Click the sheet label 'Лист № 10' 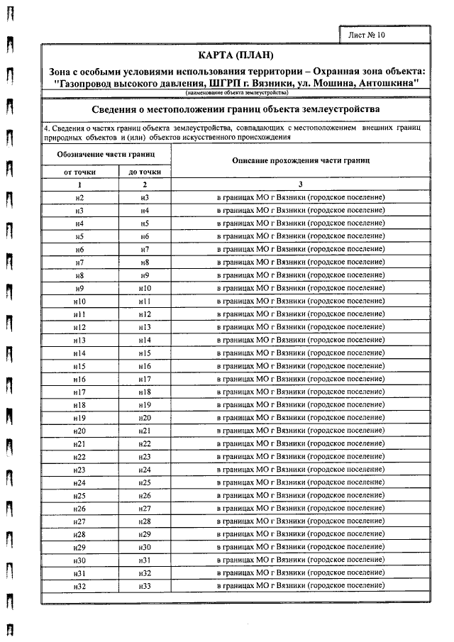368,34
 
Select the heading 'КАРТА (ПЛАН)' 236,56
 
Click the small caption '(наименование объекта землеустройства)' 236,93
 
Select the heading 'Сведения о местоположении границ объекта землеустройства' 236,109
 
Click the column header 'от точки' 79,172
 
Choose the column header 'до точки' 144,172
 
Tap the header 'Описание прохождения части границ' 301,160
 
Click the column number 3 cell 301,184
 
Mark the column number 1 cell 79,184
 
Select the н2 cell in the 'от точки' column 79,197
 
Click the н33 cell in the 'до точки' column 145,586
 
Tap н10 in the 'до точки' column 145,288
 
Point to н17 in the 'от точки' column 79,392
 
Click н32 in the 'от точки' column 79,586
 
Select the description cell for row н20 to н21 301,431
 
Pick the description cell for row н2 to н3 301,197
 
